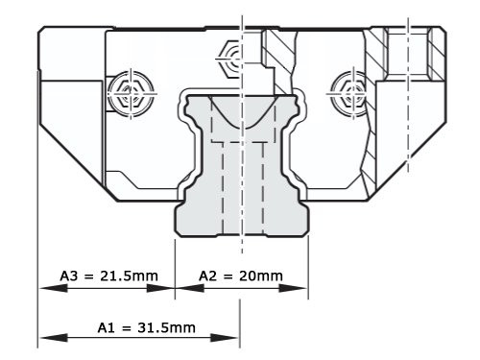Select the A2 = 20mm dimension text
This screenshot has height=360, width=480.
coord(240,276)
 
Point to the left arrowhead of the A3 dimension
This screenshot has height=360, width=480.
coord(44,286)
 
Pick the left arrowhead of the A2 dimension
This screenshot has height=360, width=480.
coord(180,286)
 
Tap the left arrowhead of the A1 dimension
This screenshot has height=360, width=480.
coord(44,337)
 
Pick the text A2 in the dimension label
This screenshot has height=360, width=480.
coord(208,276)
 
